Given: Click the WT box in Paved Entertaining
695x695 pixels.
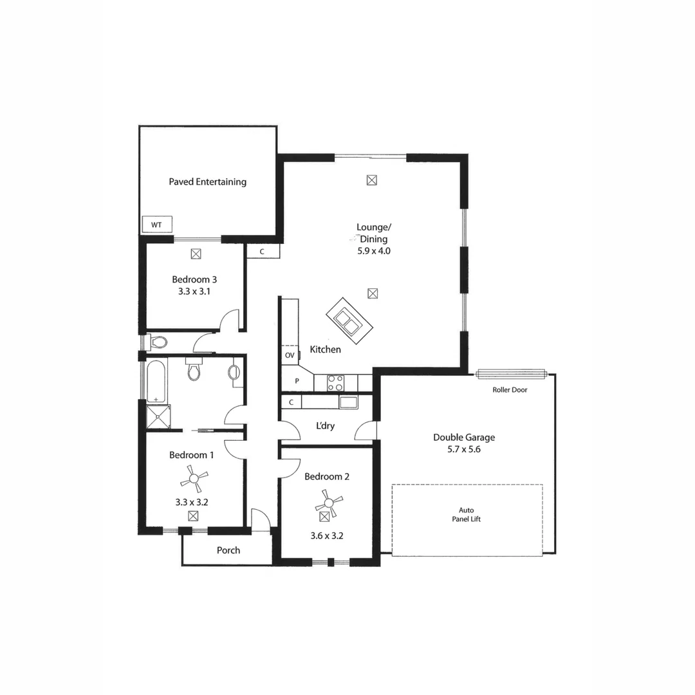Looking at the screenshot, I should coord(156,225).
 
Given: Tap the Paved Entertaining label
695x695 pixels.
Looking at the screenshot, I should coord(207,182).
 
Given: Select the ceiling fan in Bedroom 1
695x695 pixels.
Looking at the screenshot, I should coord(194,478).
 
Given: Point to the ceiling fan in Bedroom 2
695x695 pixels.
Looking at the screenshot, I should coord(328,501).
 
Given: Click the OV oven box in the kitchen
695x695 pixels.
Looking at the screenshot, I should coord(290,355).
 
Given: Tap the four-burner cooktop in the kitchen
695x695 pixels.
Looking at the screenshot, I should coord(335,383).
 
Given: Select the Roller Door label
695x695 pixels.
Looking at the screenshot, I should coord(510,390).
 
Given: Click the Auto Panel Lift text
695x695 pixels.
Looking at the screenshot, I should coord(467,514).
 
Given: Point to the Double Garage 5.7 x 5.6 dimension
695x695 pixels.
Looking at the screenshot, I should coord(463,450).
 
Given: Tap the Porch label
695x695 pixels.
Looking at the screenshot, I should coord(228,550).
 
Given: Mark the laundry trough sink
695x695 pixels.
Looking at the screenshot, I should coord(348,403).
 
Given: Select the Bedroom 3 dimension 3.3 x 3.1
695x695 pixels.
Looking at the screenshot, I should coord(194,291).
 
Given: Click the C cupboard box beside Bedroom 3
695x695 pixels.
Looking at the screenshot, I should coord(262,252).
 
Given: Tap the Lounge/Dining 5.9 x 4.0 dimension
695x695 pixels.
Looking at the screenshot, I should coord(374,251).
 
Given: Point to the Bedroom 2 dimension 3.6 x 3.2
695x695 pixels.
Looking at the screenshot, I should coord(327,535).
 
